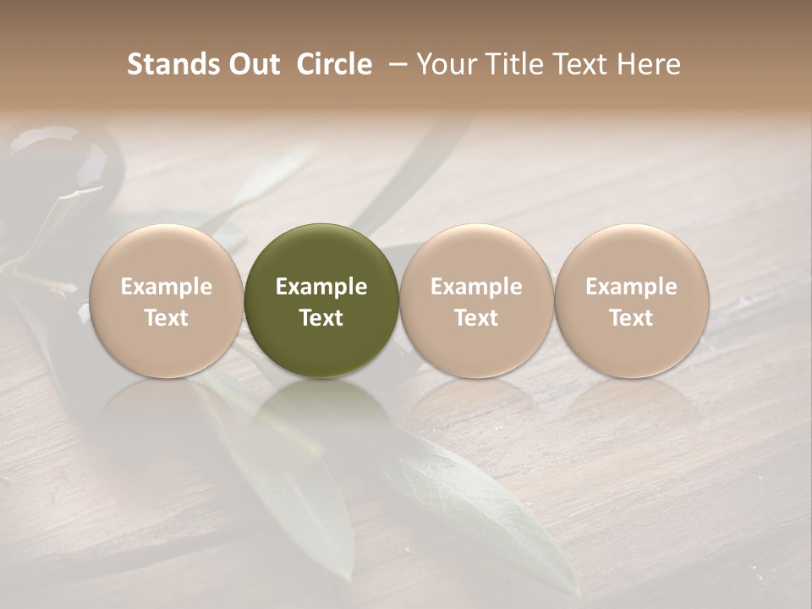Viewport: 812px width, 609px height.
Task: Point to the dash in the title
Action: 396,64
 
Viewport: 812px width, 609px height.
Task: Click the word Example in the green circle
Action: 321,287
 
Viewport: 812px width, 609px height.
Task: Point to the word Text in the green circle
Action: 321,318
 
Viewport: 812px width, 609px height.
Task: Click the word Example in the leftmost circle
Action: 166,287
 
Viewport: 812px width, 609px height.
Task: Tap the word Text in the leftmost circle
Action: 166,318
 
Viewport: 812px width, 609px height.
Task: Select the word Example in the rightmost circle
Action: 631,287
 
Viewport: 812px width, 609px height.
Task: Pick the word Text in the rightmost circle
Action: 631,318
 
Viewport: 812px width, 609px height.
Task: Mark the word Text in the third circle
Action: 476,318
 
